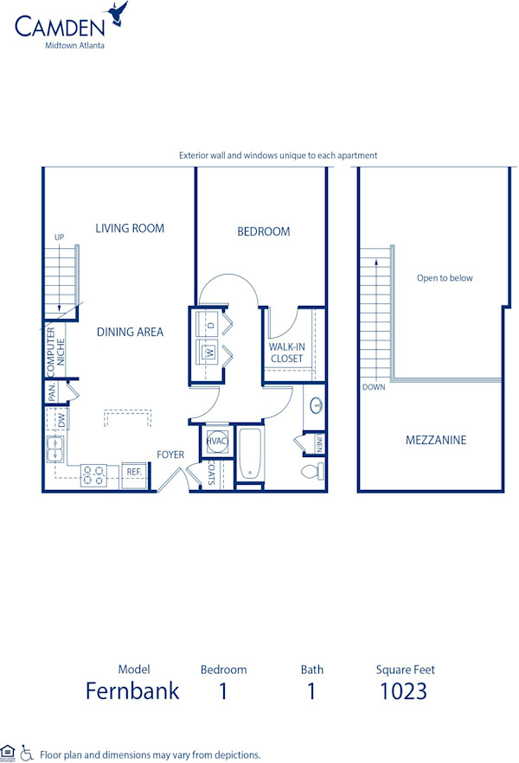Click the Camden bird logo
[x=117, y=15]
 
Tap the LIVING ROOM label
[x=130, y=229]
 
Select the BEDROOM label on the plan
[x=264, y=232]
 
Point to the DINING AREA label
[x=130, y=332]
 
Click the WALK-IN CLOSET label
[x=286, y=353]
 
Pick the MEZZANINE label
[x=436, y=440]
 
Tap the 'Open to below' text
[x=445, y=278]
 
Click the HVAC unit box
[x=215, y=441]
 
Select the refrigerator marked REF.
[x=134, y=473]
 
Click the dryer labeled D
[x=210, y=325]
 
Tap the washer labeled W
[x=210, y=352]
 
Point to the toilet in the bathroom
[x=311, y=472]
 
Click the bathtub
[x=249, y=454]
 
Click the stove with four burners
[x=93, y=473]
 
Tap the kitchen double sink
[x=54, y=449]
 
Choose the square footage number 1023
[x=403, y=691]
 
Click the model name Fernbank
[x=132, y=691]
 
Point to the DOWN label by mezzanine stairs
[x=374, y=387]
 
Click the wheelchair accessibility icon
[x=26, y=753]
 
